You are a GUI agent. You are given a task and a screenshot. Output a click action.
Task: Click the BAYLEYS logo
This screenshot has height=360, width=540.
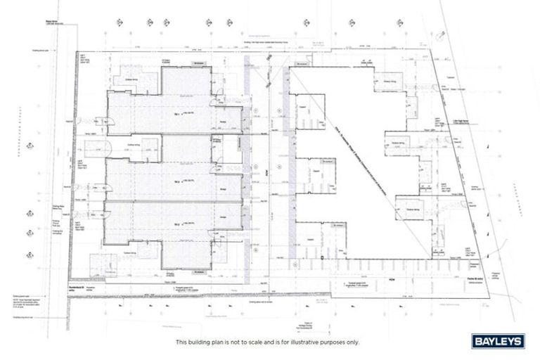pos(496,342)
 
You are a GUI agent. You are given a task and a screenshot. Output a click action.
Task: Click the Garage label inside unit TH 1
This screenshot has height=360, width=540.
pos(224,122)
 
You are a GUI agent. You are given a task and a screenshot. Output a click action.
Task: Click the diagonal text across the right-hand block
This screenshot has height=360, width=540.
pos(345,144)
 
